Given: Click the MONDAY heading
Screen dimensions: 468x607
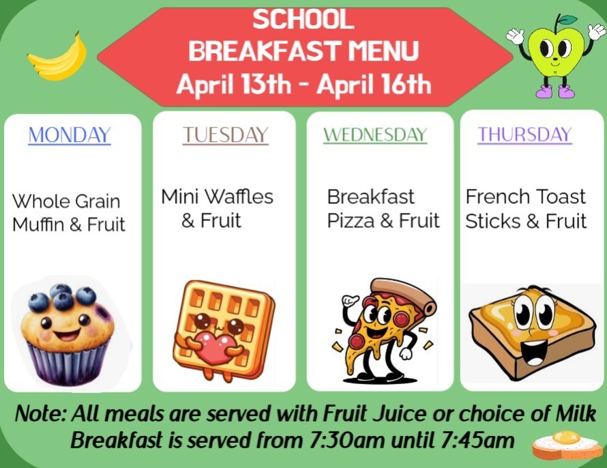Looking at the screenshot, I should (x=70, y=135).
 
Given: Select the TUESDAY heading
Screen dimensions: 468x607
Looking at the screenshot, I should (x=225, y=135).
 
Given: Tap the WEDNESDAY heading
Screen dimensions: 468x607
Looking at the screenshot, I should (x=375, y=134).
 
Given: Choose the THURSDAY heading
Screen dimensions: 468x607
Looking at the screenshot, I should (x=524, y=134).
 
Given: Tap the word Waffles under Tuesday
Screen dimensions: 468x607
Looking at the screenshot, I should (x=239, y=197).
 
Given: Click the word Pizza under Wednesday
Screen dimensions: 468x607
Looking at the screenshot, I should (x=351, y=221).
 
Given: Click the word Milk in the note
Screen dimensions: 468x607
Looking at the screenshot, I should (x=573, y=413).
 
